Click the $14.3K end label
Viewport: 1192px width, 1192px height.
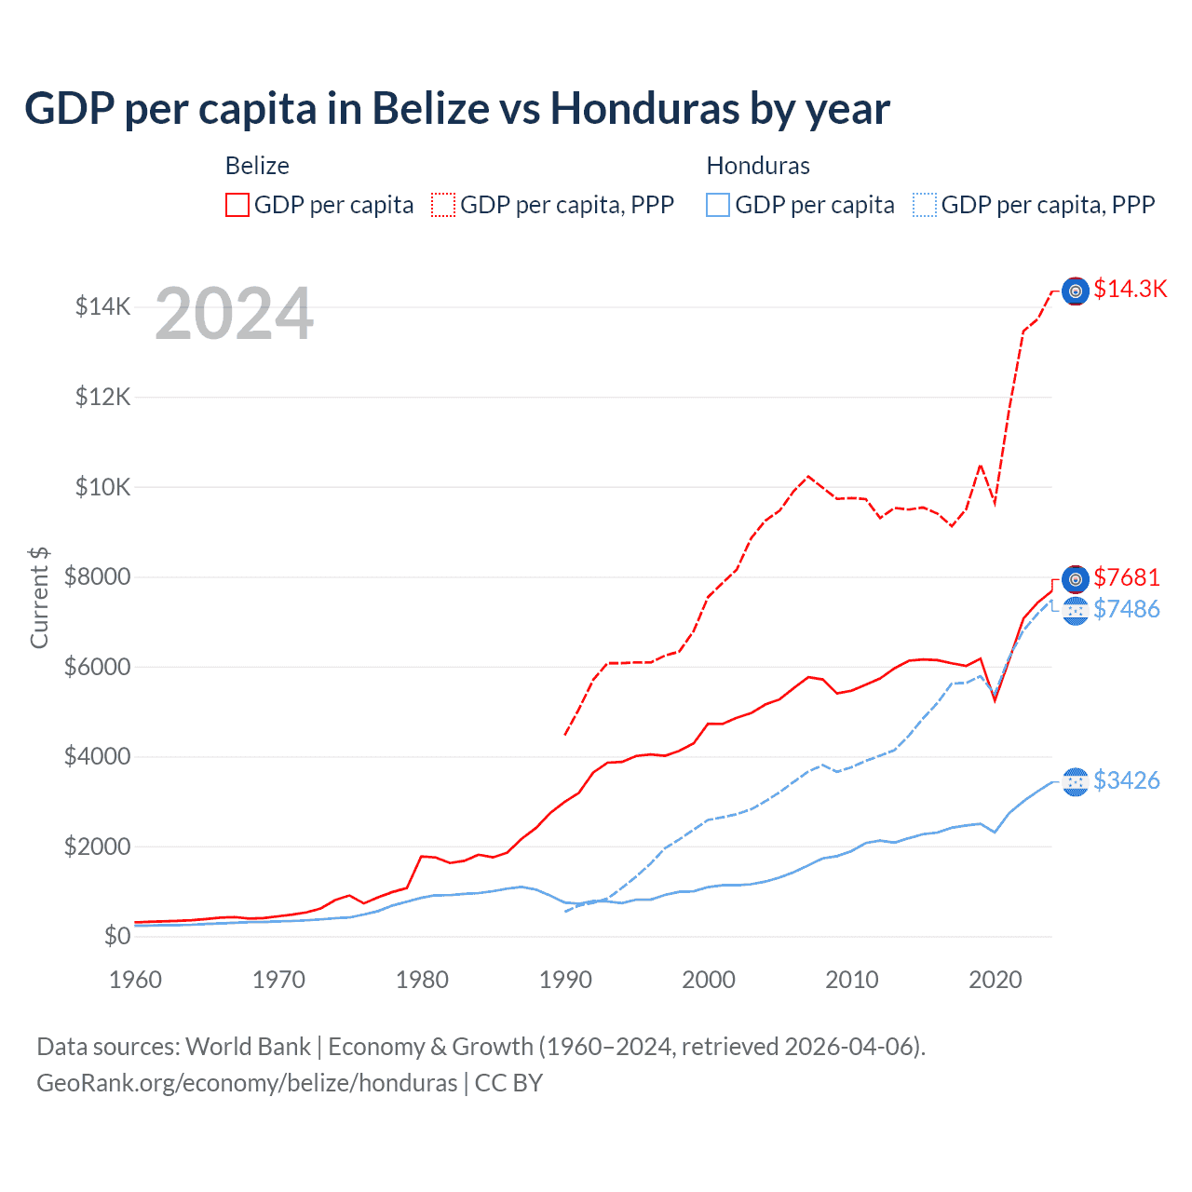click(x=1130, y=290)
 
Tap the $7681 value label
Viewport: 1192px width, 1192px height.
click(x=1127, y=578)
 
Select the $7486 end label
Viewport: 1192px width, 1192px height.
click(x=1127, y=610)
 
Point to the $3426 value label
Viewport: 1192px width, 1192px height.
click(x=1127, y=781)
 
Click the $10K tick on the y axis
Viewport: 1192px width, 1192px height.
click(x=102, y=487)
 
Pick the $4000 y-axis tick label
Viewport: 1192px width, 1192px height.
click(x=97, y=756)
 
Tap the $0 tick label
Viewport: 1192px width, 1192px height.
click(x=117, y=936)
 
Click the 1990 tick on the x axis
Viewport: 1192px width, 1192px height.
click(x=565, y=980)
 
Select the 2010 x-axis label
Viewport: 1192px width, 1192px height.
click(x=852, y=980)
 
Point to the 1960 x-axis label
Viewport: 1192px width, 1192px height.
click(x=136, y=980)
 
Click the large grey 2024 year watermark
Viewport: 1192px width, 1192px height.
click(x=234, y=315)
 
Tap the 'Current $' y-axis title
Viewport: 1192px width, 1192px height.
click(x=39, y=597)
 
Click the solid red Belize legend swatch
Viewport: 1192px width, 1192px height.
click(x=237, y=205)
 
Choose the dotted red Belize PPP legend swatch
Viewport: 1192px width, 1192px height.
click(x=443, y=205)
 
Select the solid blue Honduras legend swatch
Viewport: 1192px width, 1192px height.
click(x=718, y=205)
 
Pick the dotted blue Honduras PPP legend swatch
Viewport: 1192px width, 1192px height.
click(x=925, y=205)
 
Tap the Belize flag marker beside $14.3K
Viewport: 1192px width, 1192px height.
click(x=1076, y=291)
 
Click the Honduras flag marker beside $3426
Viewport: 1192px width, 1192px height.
click(x=1076, y=782)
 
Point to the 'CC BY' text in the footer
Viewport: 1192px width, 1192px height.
click(x=508, y=1083)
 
